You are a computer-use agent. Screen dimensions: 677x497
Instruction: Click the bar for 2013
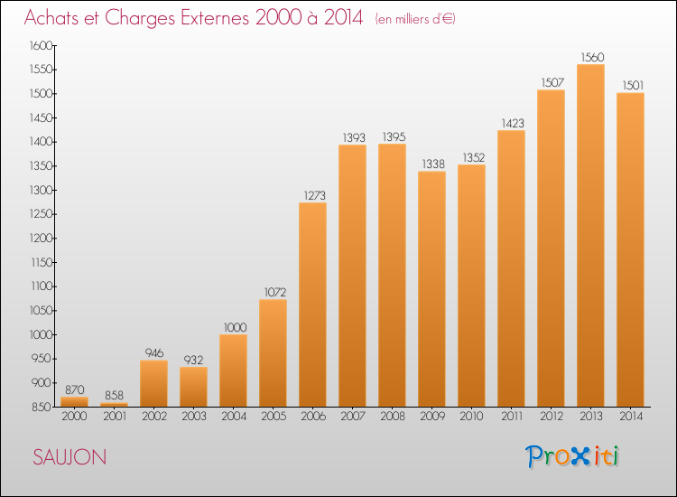[590, 236]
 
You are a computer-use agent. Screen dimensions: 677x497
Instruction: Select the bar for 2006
[312, 305]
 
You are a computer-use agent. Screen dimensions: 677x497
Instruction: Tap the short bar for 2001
[114, 405]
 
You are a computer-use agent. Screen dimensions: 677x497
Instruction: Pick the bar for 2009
[431, 289]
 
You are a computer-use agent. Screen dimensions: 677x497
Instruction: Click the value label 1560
[592, 57]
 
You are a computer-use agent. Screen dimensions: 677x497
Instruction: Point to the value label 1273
[315, 195]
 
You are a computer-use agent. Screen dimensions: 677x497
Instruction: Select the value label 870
[75, 389]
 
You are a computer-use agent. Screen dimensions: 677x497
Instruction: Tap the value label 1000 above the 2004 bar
[236, 327]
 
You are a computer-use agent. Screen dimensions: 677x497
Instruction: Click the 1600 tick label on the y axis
[41, 45]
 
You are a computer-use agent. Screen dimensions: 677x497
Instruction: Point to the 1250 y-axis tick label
[41, 214]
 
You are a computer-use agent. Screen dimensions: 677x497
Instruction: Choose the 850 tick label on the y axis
[42, 407]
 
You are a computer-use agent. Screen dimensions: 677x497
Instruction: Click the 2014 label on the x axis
[631, 416]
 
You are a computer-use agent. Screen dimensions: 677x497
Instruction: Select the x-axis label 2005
[274, 416]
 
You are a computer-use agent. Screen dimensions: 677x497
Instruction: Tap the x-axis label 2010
[471, 416]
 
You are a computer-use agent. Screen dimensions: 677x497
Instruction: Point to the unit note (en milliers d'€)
[415, 19]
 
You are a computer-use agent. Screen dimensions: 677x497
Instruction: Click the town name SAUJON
[70, 457]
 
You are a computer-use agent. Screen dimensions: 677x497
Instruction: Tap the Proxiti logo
[572, 456]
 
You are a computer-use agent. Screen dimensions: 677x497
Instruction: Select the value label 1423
[513, 123]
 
